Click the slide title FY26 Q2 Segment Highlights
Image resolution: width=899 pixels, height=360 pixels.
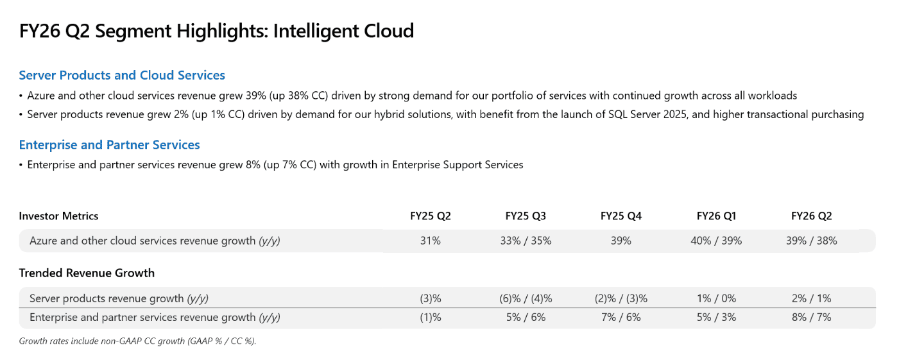pyautogui.click(x=216, y=31)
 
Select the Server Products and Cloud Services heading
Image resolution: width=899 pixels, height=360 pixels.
pyautogui.click(x=122, y=75)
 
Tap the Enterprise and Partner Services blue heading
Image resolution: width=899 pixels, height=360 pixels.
pyautogui.click(x=109, y=144)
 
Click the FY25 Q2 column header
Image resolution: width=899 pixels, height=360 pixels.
pyautogui.click(x=431, y=216)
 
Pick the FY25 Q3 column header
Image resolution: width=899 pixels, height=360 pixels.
pyautogui.click(x=526, y=216)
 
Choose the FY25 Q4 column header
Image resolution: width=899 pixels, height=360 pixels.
pyautogui.click(x=621, y=216)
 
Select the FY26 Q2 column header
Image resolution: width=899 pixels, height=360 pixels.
pyautogui.click(x=811, y=216)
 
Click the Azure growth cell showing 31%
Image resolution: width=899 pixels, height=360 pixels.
pyautogui.click(x=431, y=241)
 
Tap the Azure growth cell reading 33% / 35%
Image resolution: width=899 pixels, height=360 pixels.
pyautogui.click(x=526, y=241)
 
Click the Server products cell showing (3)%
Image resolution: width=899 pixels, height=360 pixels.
pyautogui.click(x=431, y=298)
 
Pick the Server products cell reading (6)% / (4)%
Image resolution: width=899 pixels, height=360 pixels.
pyautogui.click(x=526, y=298)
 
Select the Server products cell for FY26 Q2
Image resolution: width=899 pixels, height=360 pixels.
pyautogui.click(x=811, y=298)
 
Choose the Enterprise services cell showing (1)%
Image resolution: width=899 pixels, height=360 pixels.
pyautogui.click(x=431, y=317)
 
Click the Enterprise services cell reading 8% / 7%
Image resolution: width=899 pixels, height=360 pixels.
pyautogui.click(x=811, y=317)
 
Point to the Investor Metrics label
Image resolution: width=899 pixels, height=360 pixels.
pyautogui.click(x=58, y=216)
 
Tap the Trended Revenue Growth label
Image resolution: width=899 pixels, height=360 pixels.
pyautogui.click(x=87, y=273)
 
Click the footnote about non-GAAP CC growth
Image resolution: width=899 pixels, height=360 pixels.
pyautogui.click(x=137, y=341)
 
